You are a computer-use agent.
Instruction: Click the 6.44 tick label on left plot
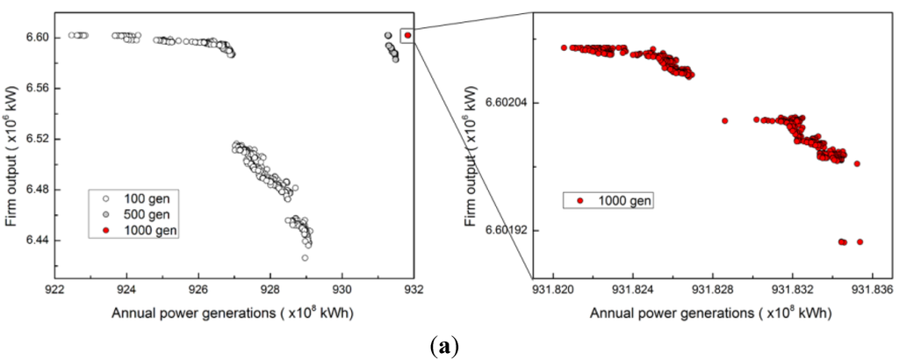37,241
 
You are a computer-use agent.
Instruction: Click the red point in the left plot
408,35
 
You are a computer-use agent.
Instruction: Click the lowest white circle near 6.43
305,258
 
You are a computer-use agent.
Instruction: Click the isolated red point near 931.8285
725,121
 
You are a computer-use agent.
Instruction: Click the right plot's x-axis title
710,313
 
